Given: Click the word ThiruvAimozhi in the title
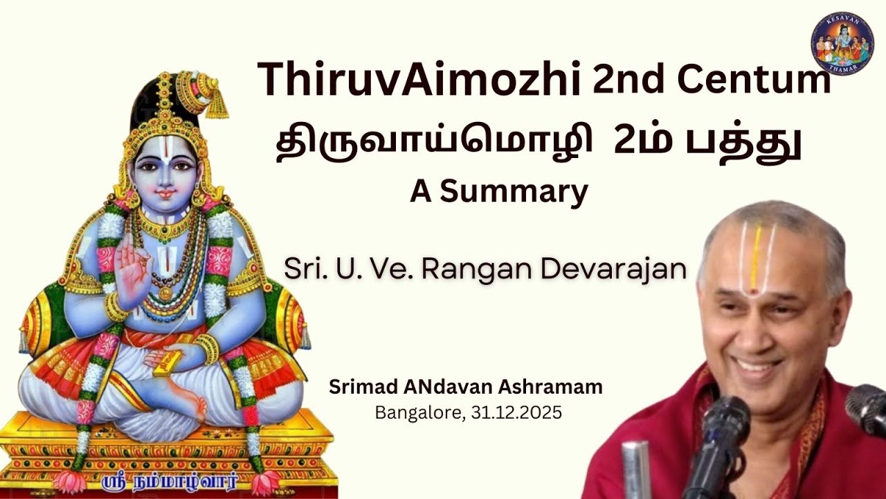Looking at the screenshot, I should (x=419, y=78).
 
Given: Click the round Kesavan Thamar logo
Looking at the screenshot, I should (x=842, y=43).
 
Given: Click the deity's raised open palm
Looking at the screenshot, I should (x=131, y=267).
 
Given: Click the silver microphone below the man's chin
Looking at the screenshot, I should (x=635, y=469).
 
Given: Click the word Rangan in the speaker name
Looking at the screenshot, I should (x=477, y=269).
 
